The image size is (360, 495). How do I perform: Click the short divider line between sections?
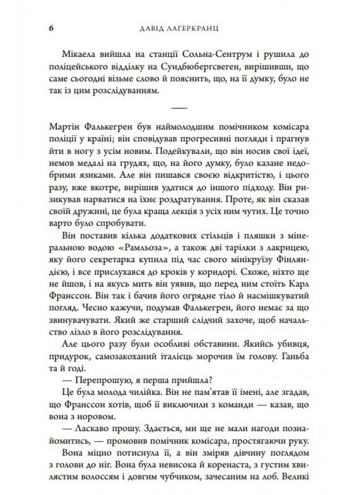pos(179,108)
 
